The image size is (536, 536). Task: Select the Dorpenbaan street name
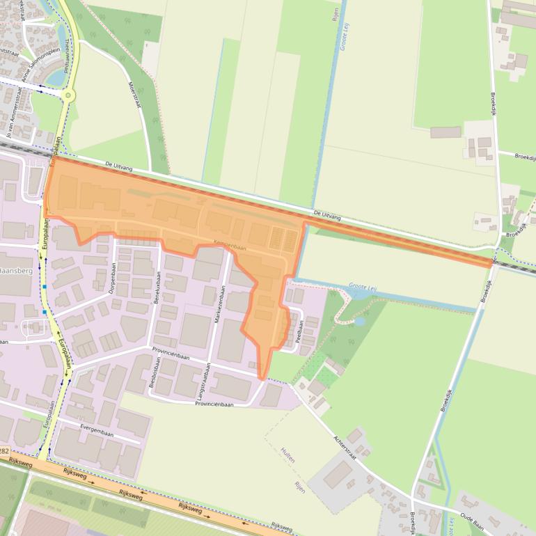pyautogui.click(x=113, y=278)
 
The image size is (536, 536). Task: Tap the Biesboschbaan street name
pyautogui.click(x=152, y=379)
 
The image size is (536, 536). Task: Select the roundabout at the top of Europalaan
pyautogui.click(x=68, y=95)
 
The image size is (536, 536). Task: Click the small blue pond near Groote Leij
pyautogui.click(x=360, y=322)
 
